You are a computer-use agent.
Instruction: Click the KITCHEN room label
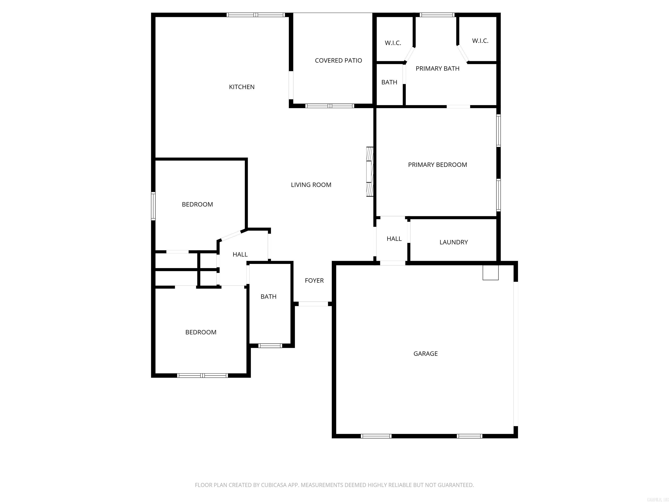[x=242, y=87]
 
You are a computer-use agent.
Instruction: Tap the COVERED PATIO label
[x=338, y=61]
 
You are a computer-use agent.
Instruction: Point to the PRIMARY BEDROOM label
[x=437, y=165]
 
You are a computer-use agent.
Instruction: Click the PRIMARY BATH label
[x=437, y=69]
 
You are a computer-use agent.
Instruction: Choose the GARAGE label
[x=425, y=354]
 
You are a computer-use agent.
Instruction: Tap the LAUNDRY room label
[x=453, y=242]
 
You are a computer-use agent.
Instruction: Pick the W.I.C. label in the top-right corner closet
[x=480, y=41]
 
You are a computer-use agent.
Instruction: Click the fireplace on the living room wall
[x=370, y=171]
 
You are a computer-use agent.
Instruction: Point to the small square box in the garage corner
[x=490, y=273]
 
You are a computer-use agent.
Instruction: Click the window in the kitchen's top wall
[x=256, y=15]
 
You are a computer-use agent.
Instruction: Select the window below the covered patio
[x=330, y=106]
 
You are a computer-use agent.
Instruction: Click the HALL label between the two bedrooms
[x=240, y=255]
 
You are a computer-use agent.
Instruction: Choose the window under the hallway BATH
[x=270, y=346]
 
